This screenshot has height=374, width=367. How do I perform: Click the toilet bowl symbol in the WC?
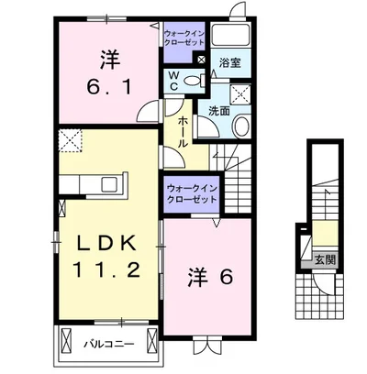pos(191,81)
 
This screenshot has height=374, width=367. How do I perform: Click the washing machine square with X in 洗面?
pos(240,94)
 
